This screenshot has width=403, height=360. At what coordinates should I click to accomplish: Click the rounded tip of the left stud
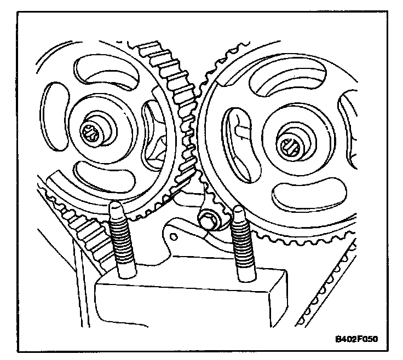point(117,207)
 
